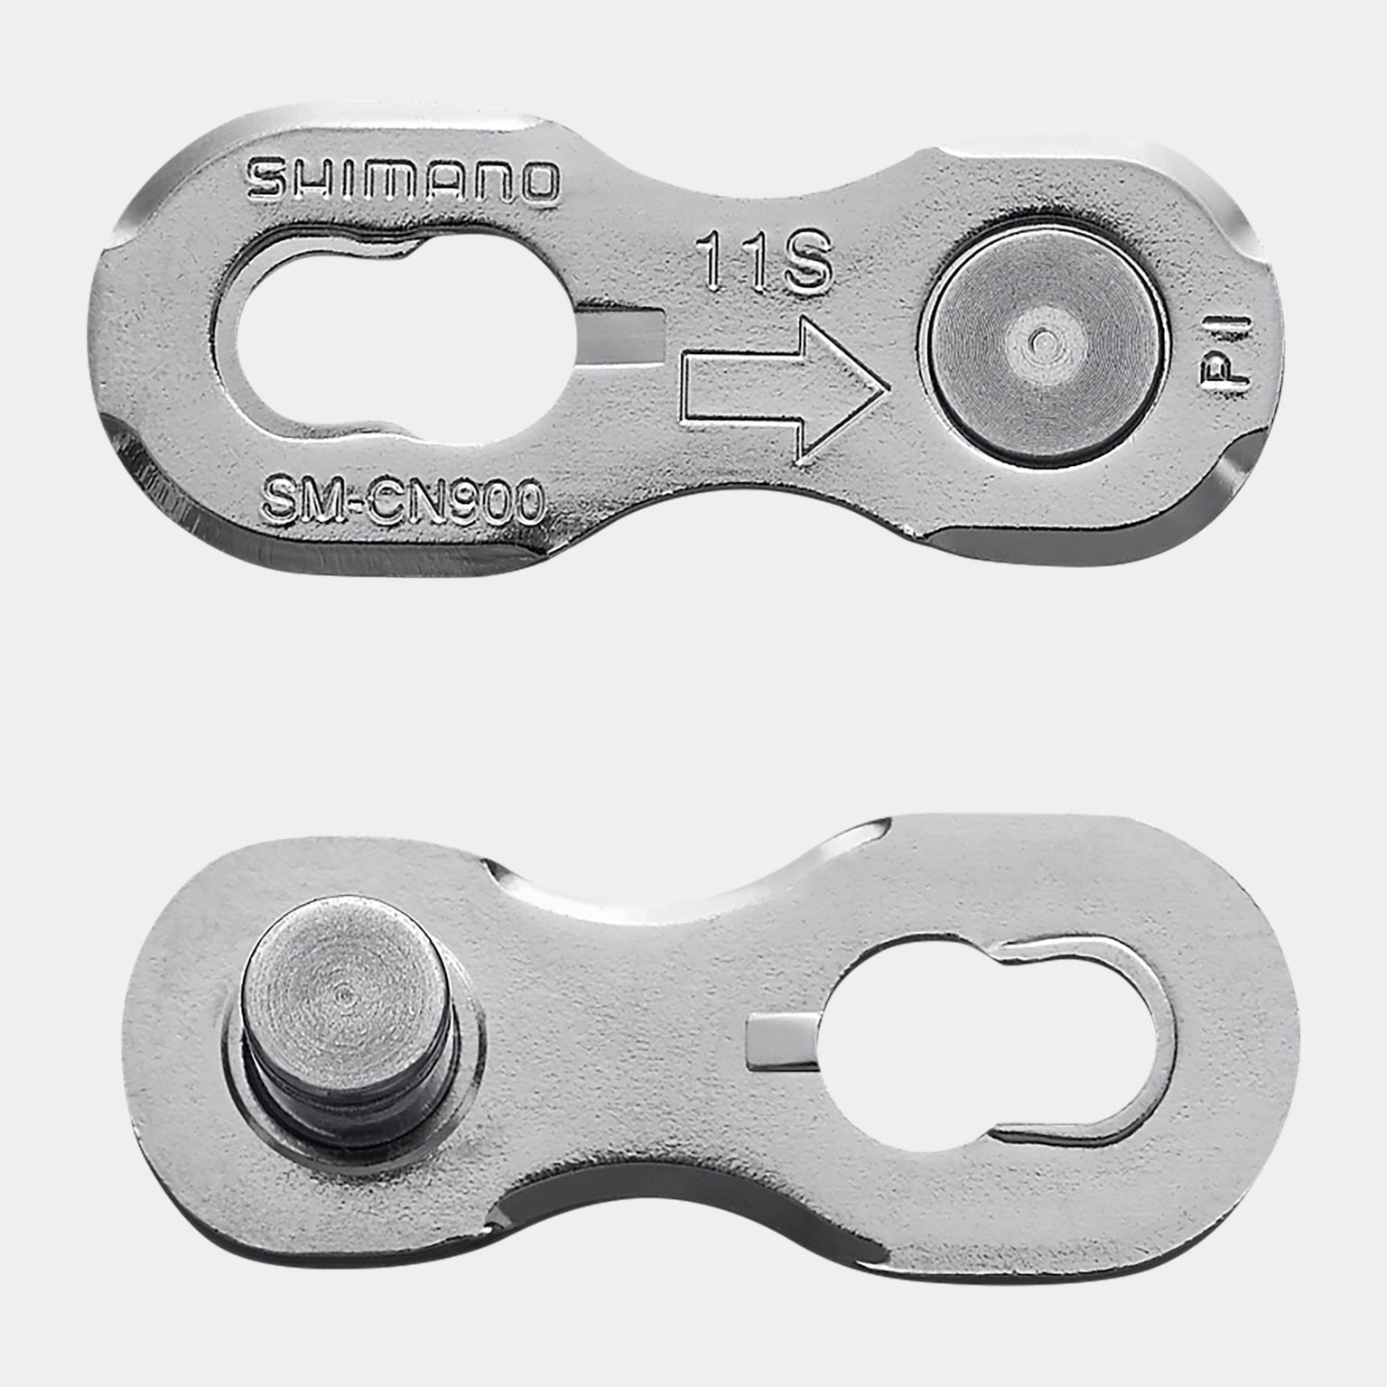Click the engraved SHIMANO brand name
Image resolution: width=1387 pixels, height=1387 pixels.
[403, 181]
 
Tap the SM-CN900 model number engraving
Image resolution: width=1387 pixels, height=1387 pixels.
[403, 500]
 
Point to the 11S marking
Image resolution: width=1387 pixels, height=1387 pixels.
[764, 261]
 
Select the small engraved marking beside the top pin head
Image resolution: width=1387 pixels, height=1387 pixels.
[1228, 351]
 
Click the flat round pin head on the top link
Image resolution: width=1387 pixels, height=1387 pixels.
[1041, 341]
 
